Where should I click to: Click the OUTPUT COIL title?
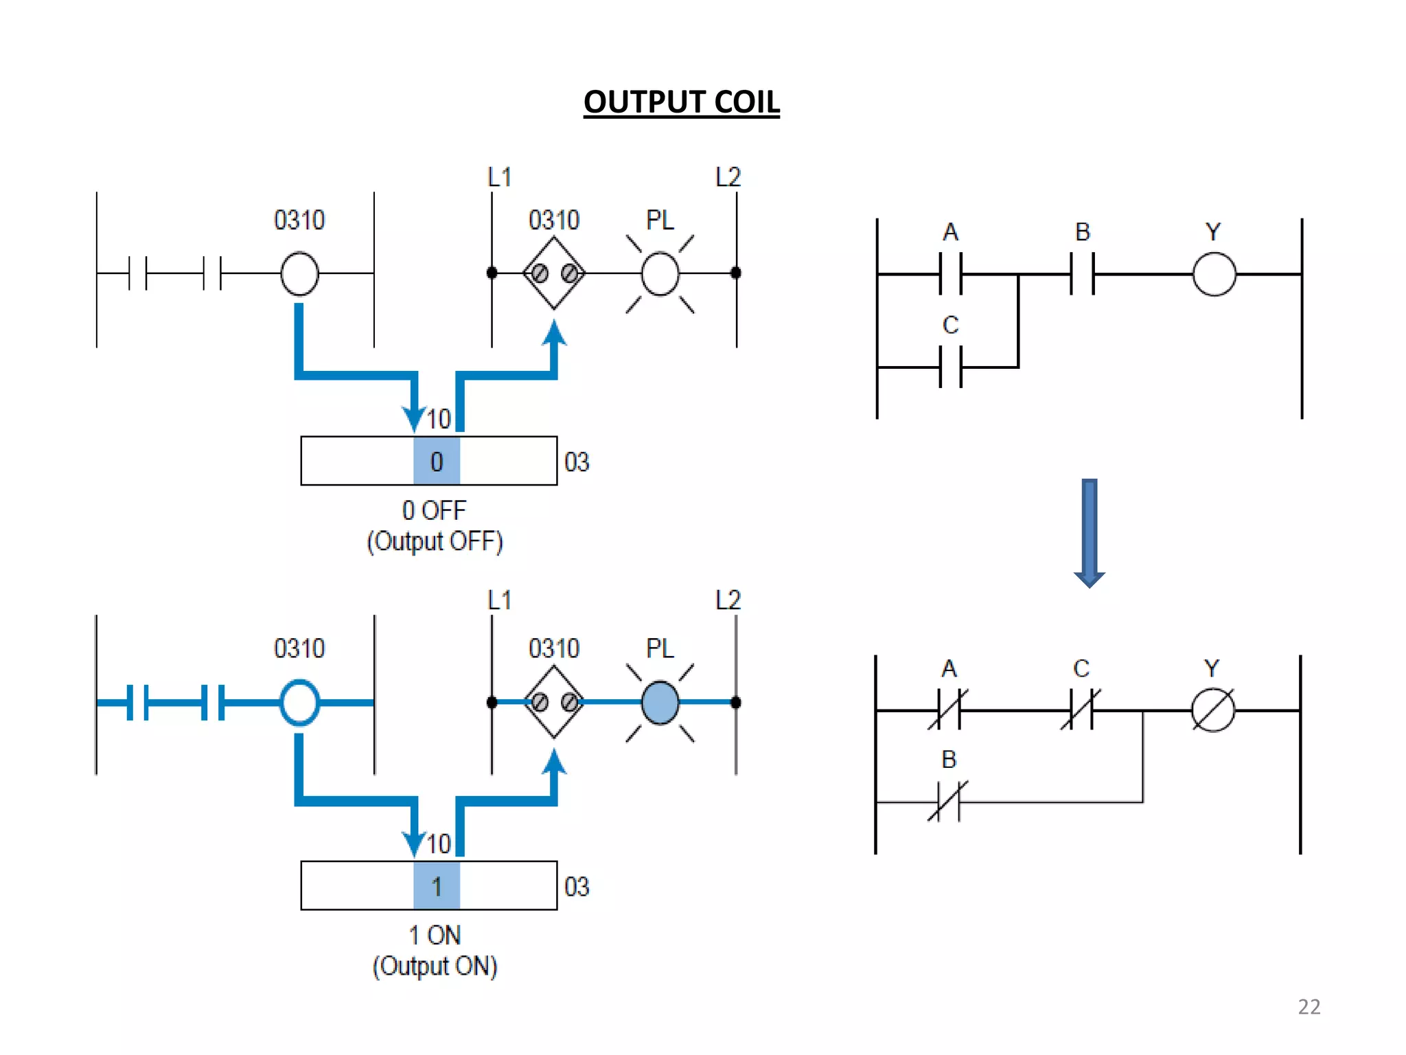click(681, 102)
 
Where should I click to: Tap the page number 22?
click(1309, 1006)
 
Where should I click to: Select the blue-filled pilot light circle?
click(660, 702)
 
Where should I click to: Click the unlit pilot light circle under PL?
click(660, 273)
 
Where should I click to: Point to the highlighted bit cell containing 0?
click(437, 461)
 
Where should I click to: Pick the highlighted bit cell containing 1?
click(437, 885)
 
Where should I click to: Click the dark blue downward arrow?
click(1089, 532)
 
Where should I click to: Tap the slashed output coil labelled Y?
click(1212, 710)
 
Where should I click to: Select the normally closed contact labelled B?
click(948, 801)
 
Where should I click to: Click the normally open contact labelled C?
click(950, 367)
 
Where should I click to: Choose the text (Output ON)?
click(435, 966)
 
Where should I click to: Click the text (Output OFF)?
click(435, 541)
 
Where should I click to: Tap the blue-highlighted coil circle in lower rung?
click(299, 702)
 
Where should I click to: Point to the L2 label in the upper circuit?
click(728, 177)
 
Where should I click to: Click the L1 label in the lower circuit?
click(499, 600)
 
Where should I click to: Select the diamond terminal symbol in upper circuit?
click(554, 273)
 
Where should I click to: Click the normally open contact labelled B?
click(1082, 273)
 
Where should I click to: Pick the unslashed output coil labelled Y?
click(1214, 273)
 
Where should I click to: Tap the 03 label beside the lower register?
click(577, 886)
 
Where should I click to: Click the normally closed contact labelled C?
click(1081, 710)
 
